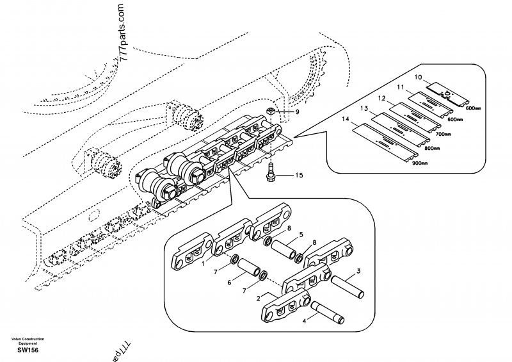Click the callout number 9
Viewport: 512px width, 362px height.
coord(297,111)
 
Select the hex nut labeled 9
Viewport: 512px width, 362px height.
coord(271,111)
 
